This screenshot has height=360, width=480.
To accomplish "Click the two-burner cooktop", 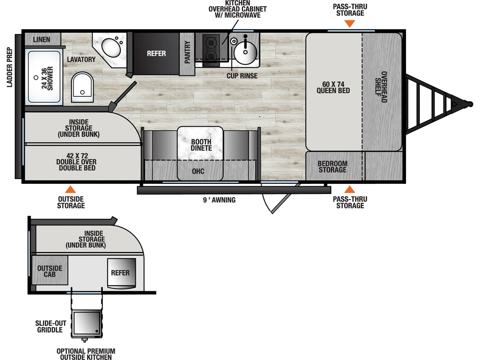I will click(211, 48).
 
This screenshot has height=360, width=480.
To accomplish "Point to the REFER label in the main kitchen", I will click(156, 53).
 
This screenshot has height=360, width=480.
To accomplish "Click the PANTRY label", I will click(187, 52).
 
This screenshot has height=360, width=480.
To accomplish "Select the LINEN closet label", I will click(42, 39).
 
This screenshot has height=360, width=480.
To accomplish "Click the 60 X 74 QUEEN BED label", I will click(333, 87).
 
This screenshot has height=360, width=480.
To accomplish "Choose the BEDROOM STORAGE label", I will click(333, 167).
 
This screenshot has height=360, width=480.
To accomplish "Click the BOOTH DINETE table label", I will click(201, 144).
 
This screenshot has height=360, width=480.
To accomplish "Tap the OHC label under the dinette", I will click(198, 171).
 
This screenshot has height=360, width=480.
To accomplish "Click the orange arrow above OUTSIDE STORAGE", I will click(71, 189).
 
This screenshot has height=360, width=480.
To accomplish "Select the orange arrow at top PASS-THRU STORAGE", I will click(350, 24).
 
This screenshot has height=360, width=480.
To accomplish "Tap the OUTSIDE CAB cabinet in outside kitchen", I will click(50, 271).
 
